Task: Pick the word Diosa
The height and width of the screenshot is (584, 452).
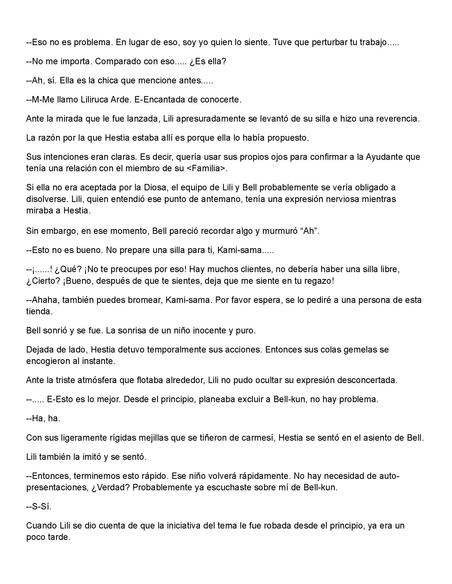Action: [155, 187]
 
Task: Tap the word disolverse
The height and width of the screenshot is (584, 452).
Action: [46, 199]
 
